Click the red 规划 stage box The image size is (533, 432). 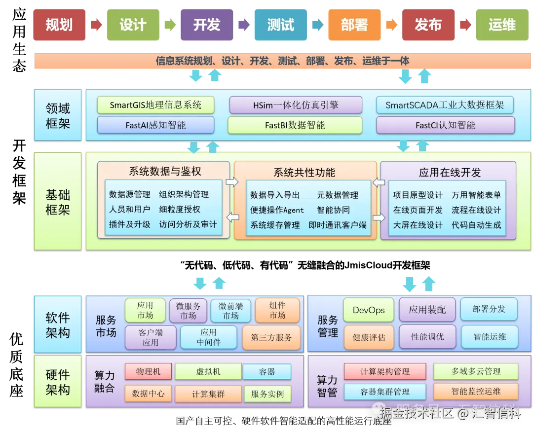coord(59,25)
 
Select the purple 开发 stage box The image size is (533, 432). coord(206,25)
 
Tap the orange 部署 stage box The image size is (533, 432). coord(354,25)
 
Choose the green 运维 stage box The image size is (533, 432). coord(501,25)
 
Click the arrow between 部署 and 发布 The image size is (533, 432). coord(391,25)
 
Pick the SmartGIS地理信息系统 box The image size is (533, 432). coord(155,105)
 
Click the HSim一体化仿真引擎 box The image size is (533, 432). coord(296,105)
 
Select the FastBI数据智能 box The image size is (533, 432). coord(295,125)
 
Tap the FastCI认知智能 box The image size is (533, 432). coord(445,125)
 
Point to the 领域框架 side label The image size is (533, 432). coord(58,115)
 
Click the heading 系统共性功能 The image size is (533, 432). coord(304,173)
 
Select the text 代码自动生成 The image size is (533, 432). coord(476,225)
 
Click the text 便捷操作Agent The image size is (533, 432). coord(277,210)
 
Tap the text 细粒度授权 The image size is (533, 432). coord(180,210)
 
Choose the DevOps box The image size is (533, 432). coord(369,310)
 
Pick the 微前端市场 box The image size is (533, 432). coord(230,311)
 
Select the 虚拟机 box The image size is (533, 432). coord(208,372)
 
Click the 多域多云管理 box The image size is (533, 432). coord(476,372)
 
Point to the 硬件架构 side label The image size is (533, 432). coord(58,382)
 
